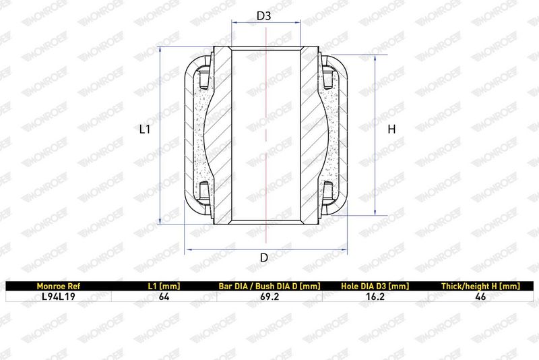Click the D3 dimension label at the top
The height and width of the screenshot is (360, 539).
click(x=263, y=16)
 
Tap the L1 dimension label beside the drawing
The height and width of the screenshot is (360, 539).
click(x=145, y=129)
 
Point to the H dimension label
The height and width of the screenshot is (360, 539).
click(x=391, y=129)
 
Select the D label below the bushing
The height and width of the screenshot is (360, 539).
click(x=263, y=258)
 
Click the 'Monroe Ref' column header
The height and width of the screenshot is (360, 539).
click(x=58, y=286)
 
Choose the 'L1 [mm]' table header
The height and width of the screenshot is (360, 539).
click(x=164, y=286)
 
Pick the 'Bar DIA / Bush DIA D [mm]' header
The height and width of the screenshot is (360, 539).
click(x=269, y=286)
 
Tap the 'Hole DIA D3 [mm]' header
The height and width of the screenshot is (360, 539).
click(x=375, y=286)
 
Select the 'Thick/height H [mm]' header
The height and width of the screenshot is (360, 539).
click(x=480, y=286)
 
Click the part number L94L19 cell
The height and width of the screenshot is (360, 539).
click(x=58, y=297)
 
